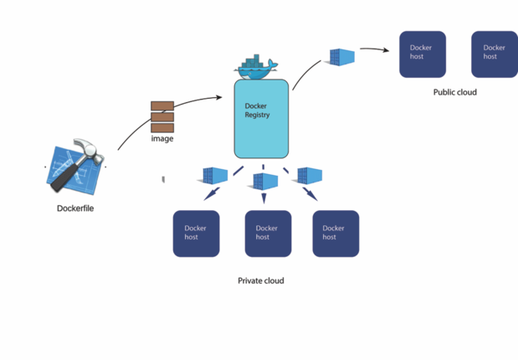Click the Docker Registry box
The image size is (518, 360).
[261, 119]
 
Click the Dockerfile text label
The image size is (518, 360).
[75, 208]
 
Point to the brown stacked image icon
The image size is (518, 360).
[162, 116]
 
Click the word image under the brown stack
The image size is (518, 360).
[162, 139]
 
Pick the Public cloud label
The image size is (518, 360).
[454, 92]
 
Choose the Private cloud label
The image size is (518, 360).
[261, 280]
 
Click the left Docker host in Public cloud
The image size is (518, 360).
[422, 54]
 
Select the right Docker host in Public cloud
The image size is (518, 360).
[494, 54]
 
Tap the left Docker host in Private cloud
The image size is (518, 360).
[196, 233]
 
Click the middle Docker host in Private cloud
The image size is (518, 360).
[268, 233]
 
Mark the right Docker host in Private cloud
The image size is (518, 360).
[336, 233]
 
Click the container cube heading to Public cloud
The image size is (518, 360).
[341, 58]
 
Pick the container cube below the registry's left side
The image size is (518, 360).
[216, 176]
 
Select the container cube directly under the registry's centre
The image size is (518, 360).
[265, 181]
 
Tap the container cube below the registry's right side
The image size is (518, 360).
[310, 176]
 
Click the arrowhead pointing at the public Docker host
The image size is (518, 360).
[387, 50]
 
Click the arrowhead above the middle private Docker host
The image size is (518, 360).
[264, 199]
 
